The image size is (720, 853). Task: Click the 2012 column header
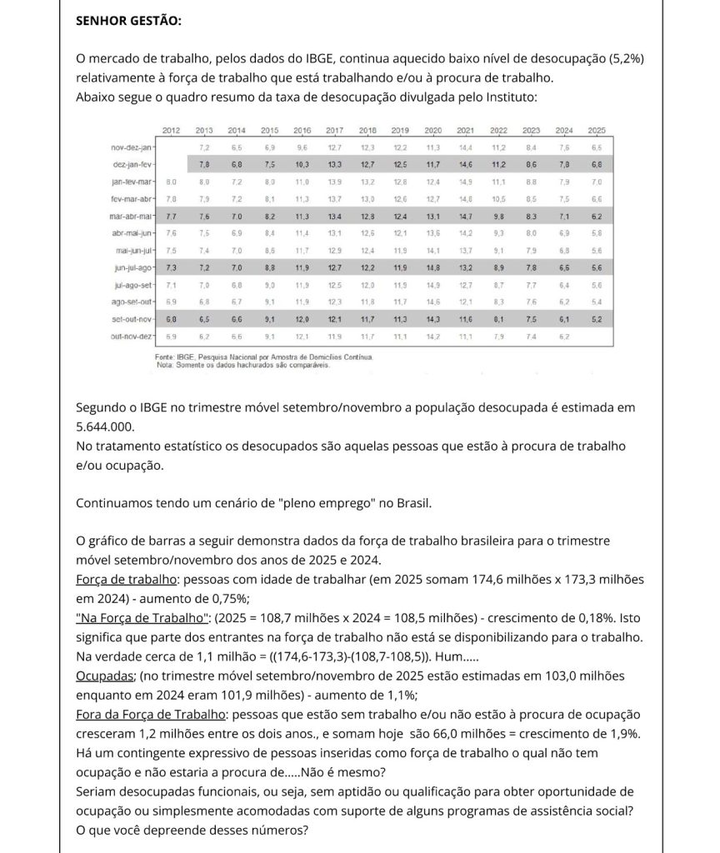pos(171,131)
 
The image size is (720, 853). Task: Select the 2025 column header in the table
pos(597,131)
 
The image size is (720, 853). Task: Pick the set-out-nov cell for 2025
pos(597,319)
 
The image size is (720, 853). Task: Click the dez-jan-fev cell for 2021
pos(467,164)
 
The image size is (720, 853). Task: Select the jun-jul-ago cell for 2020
pos(433,267)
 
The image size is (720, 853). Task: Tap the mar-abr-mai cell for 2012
pos(171,216)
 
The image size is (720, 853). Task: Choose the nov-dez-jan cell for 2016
pos(302,147)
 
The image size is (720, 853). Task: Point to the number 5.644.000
pos(106,426)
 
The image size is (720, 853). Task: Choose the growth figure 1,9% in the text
pos(625,734)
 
